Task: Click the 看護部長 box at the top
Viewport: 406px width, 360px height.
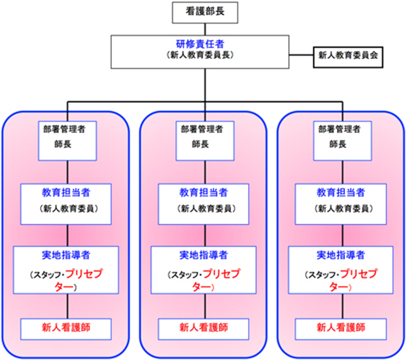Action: (205, 12)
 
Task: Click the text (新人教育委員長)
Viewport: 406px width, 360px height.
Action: (204, 56)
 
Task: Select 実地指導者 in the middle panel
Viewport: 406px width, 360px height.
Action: (203, 254)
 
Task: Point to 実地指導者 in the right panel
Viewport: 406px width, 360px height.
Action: (341, 254)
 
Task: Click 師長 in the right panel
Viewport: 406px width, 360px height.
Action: (337, 145)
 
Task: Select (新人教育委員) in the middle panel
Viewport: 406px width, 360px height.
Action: (203, 209)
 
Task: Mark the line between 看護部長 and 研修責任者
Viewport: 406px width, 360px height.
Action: (205, 29)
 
